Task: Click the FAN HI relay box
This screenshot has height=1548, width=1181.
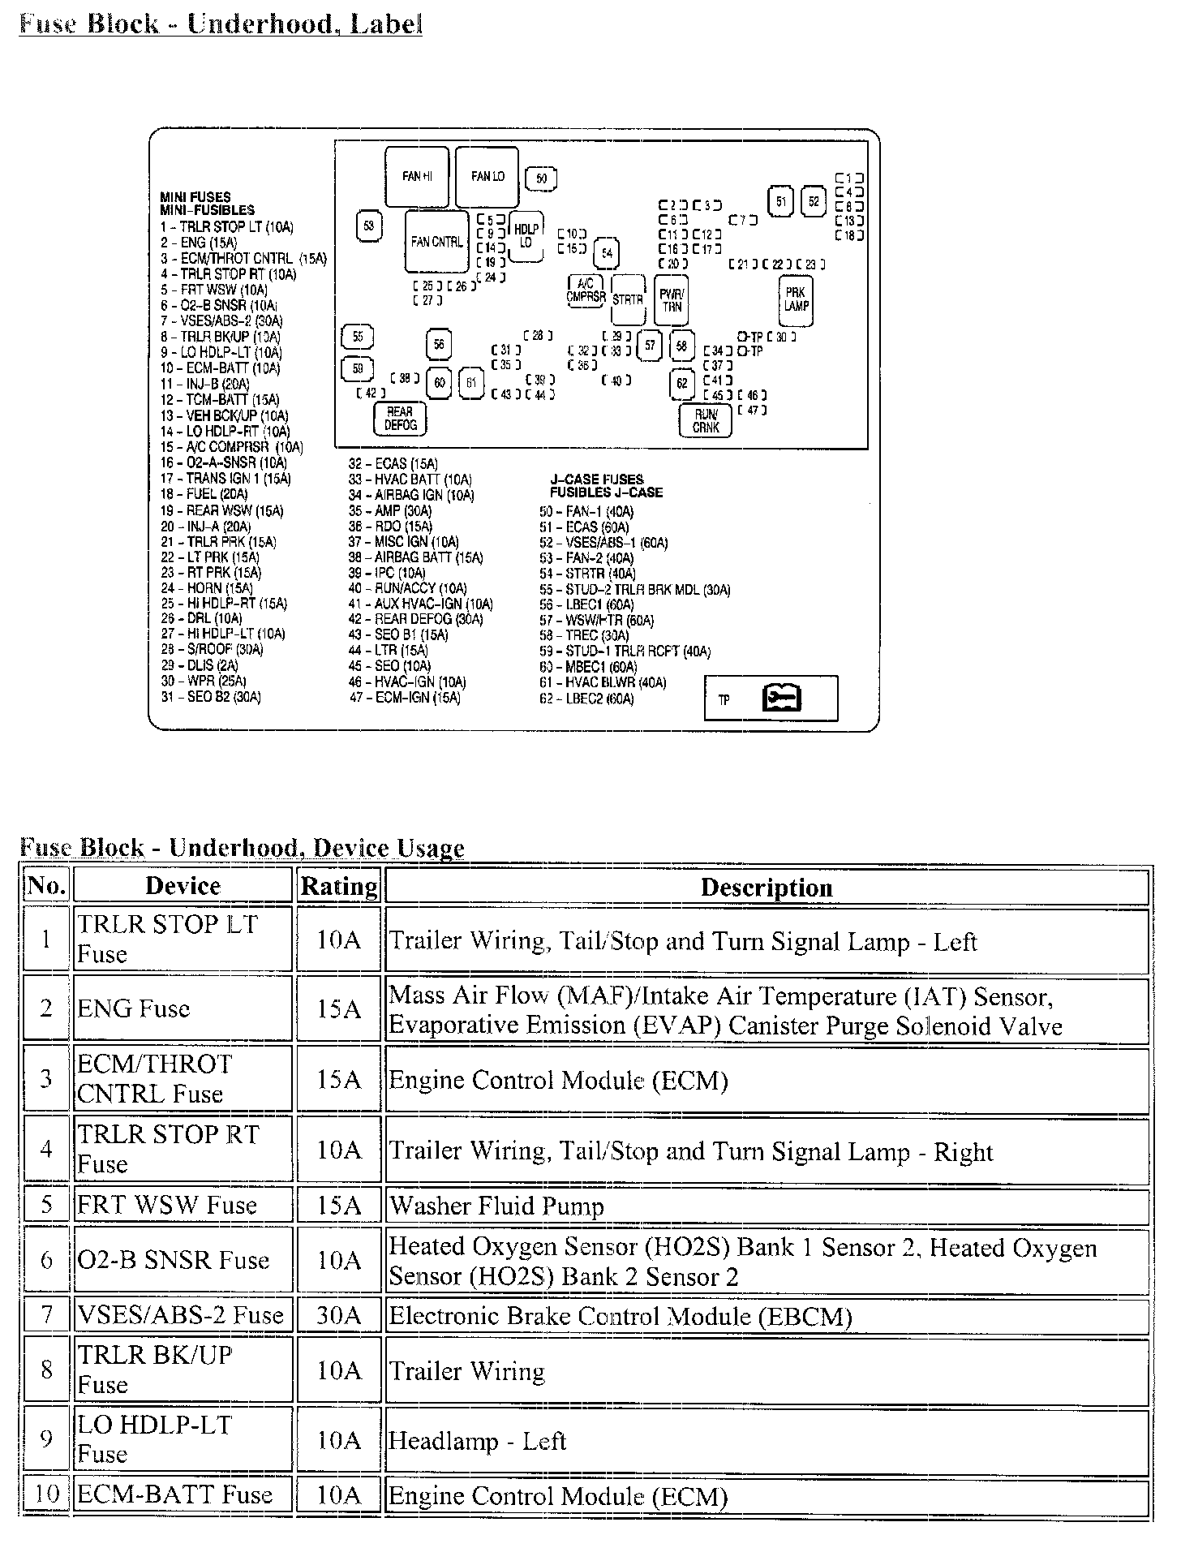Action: (416, 177)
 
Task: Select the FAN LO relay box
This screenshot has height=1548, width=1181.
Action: (487, 177)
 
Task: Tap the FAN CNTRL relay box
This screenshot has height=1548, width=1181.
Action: (436, 242)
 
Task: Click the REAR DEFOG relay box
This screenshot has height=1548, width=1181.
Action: (400, 419)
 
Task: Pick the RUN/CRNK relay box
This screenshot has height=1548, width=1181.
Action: (706, 420)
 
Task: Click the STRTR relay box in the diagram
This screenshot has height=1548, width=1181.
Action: (627, 299)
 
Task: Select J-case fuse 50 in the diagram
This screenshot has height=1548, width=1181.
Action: (541, 178)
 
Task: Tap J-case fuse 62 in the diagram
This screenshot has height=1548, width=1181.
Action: (681, 383)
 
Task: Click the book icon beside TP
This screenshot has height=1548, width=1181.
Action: (782, 698)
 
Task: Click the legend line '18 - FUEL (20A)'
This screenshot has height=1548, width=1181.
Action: (204, 494)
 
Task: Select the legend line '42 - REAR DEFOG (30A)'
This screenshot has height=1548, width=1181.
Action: (415, 619)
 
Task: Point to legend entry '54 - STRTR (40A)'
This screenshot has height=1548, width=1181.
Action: (587, 574)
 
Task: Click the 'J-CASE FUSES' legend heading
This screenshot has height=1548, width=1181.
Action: (596, 479)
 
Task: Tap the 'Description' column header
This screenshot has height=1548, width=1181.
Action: (767, 887)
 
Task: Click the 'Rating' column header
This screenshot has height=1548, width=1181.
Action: (339, 886)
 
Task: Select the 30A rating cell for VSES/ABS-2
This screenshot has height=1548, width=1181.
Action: (339, 1315)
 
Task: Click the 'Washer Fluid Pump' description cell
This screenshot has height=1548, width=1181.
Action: (496, 1206)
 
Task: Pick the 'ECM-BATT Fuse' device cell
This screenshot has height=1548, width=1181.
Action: (174, 1494)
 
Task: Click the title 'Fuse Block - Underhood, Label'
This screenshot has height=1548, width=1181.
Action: (221, 24)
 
